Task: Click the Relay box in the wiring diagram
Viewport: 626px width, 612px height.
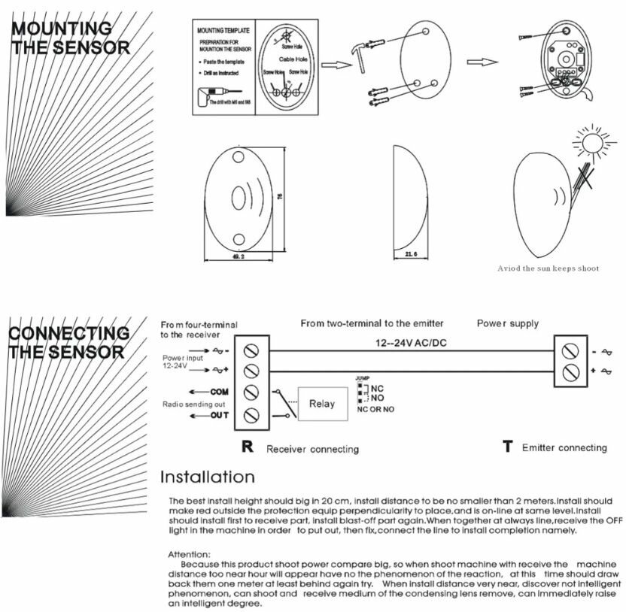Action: click(x=322, y=403)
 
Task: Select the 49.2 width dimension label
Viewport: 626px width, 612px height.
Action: click(x=238, y=257)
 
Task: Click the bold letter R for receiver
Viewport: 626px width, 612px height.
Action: click(x=247, y=447)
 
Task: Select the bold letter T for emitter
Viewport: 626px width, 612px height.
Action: click(x=507, y=447)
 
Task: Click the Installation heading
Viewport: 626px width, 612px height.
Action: click(x=208, y=477)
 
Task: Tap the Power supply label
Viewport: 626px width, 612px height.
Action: click(x=507, y=323)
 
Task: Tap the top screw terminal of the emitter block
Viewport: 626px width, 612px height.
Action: click(x=572, y=350)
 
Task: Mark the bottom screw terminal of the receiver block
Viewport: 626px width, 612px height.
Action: click(x=251, y=414)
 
